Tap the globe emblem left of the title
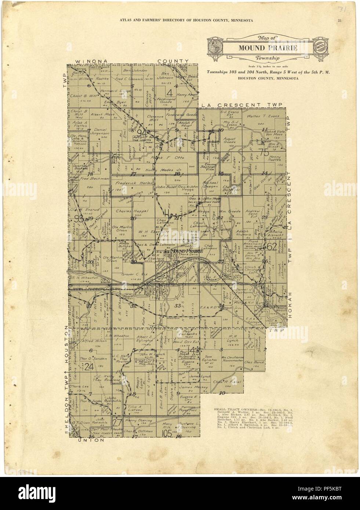pos(216,47)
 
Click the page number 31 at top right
pos(341,20)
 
